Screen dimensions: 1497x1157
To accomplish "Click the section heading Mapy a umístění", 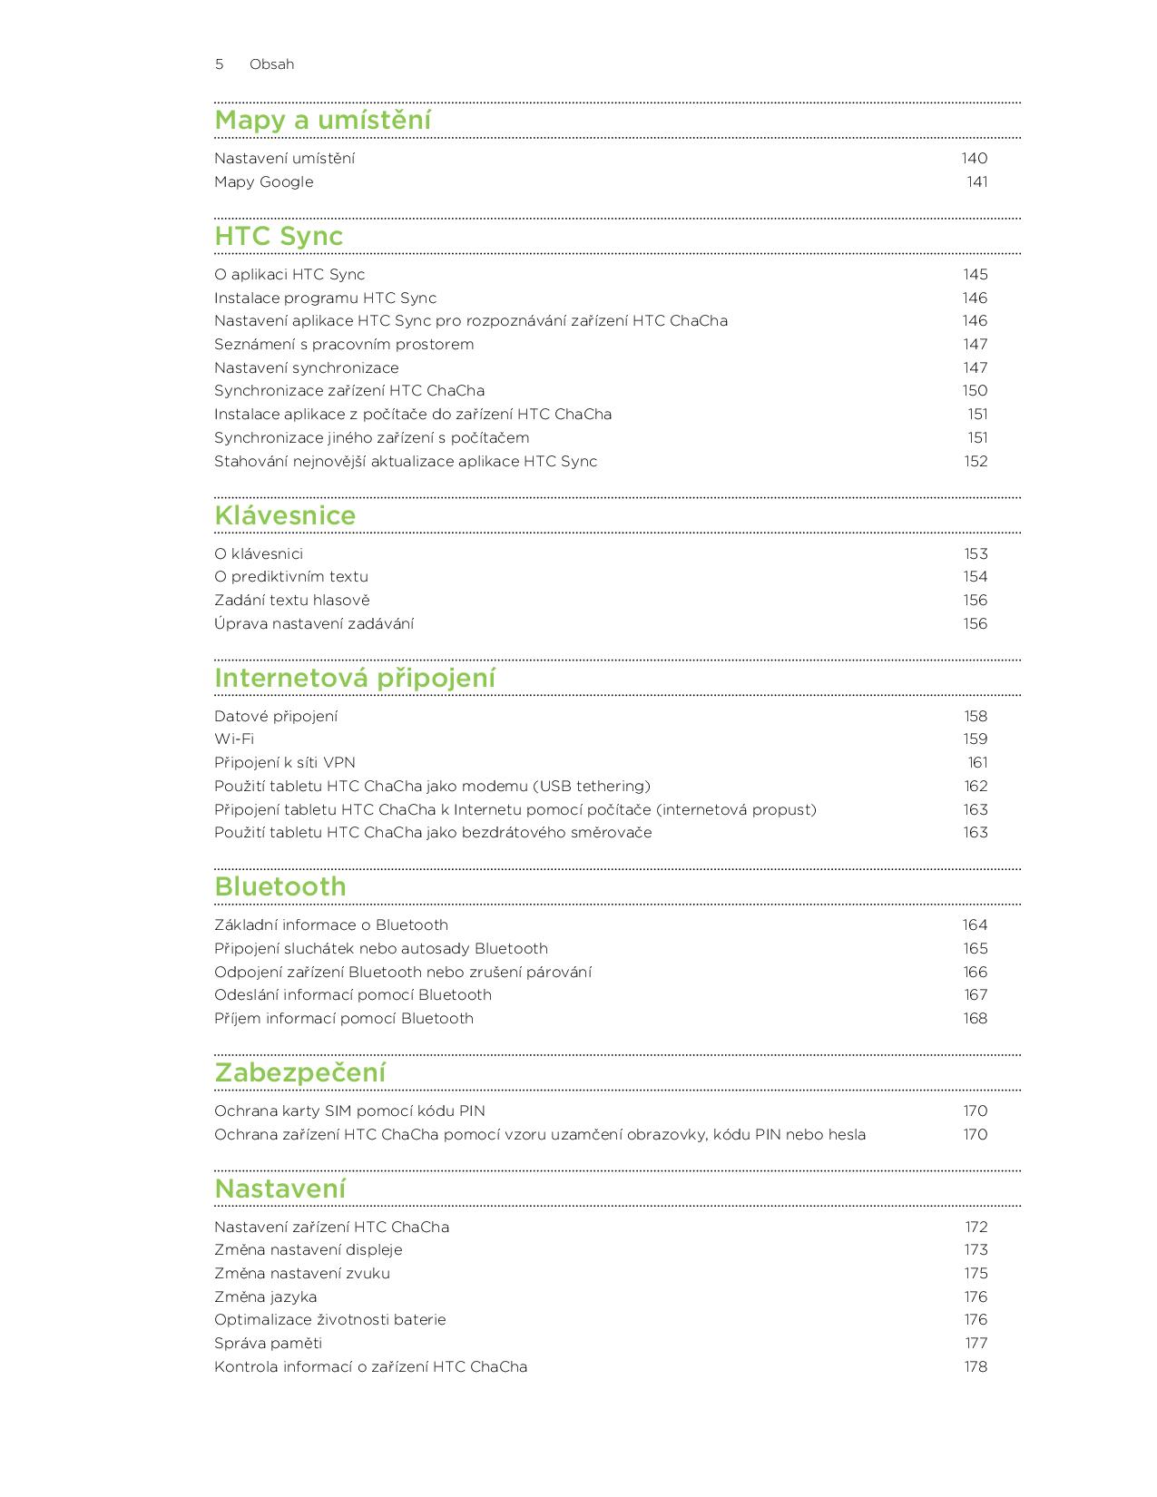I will [322, 120].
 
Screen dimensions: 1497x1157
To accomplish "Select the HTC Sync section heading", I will [279, 236].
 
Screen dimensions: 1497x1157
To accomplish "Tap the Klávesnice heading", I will [285, 515].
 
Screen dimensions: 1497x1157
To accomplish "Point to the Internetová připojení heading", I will [355, 678].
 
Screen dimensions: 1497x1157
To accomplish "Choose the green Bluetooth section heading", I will [280, 886].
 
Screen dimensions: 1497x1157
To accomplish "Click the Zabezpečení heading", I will [299, 1072].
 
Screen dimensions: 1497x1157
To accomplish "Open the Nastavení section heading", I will [280, 1189].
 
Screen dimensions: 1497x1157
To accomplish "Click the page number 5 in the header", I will [219, 64].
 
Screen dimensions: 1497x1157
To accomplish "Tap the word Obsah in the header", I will [271, 64].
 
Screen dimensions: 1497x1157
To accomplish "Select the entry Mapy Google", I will [263, 181].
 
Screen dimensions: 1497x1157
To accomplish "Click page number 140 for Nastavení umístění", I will [975, 158].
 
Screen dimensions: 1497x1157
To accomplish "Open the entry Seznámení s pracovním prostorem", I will [344, 344].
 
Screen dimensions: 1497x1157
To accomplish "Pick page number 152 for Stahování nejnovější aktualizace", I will [976, 461].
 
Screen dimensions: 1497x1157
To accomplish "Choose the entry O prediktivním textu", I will [291, 576].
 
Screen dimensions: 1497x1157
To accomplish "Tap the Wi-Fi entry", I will [234, 739].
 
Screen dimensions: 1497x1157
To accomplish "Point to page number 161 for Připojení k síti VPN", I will [977, 762].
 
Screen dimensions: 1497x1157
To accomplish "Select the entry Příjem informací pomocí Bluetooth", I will [344, 1018].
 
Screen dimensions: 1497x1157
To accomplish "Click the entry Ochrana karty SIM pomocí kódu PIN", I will [349, 1111].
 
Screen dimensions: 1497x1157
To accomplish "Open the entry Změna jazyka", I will [265, 1296].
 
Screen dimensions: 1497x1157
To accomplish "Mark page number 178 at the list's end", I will [976, 1366].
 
